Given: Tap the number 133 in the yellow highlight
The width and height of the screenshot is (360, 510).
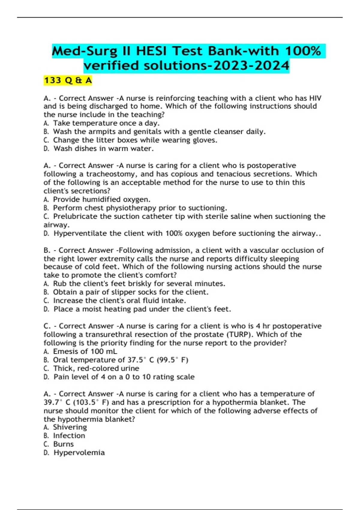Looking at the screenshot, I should point(53,80).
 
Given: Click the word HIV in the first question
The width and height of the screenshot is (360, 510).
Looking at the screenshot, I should point(315,98).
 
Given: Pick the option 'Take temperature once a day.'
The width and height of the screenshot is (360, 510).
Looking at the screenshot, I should point(106,123).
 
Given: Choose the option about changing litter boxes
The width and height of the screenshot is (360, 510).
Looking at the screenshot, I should point(135,140).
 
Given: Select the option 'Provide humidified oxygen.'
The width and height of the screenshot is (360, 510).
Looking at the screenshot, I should point(102,199).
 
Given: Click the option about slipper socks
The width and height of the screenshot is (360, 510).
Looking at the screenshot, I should point(130,292).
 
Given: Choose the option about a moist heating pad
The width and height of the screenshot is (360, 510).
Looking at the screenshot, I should point(142,309).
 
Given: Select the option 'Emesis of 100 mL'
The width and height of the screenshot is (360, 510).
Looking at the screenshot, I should point(85,351).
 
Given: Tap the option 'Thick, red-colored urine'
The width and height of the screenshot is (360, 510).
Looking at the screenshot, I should point(96,368).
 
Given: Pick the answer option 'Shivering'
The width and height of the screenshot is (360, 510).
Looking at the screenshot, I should point(70,427).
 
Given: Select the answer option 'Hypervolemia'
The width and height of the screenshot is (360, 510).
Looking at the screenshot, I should point(79,453).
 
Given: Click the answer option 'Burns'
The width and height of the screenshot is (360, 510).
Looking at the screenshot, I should point(63,444).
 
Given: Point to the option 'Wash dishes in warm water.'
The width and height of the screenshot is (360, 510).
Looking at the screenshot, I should point(103,148).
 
